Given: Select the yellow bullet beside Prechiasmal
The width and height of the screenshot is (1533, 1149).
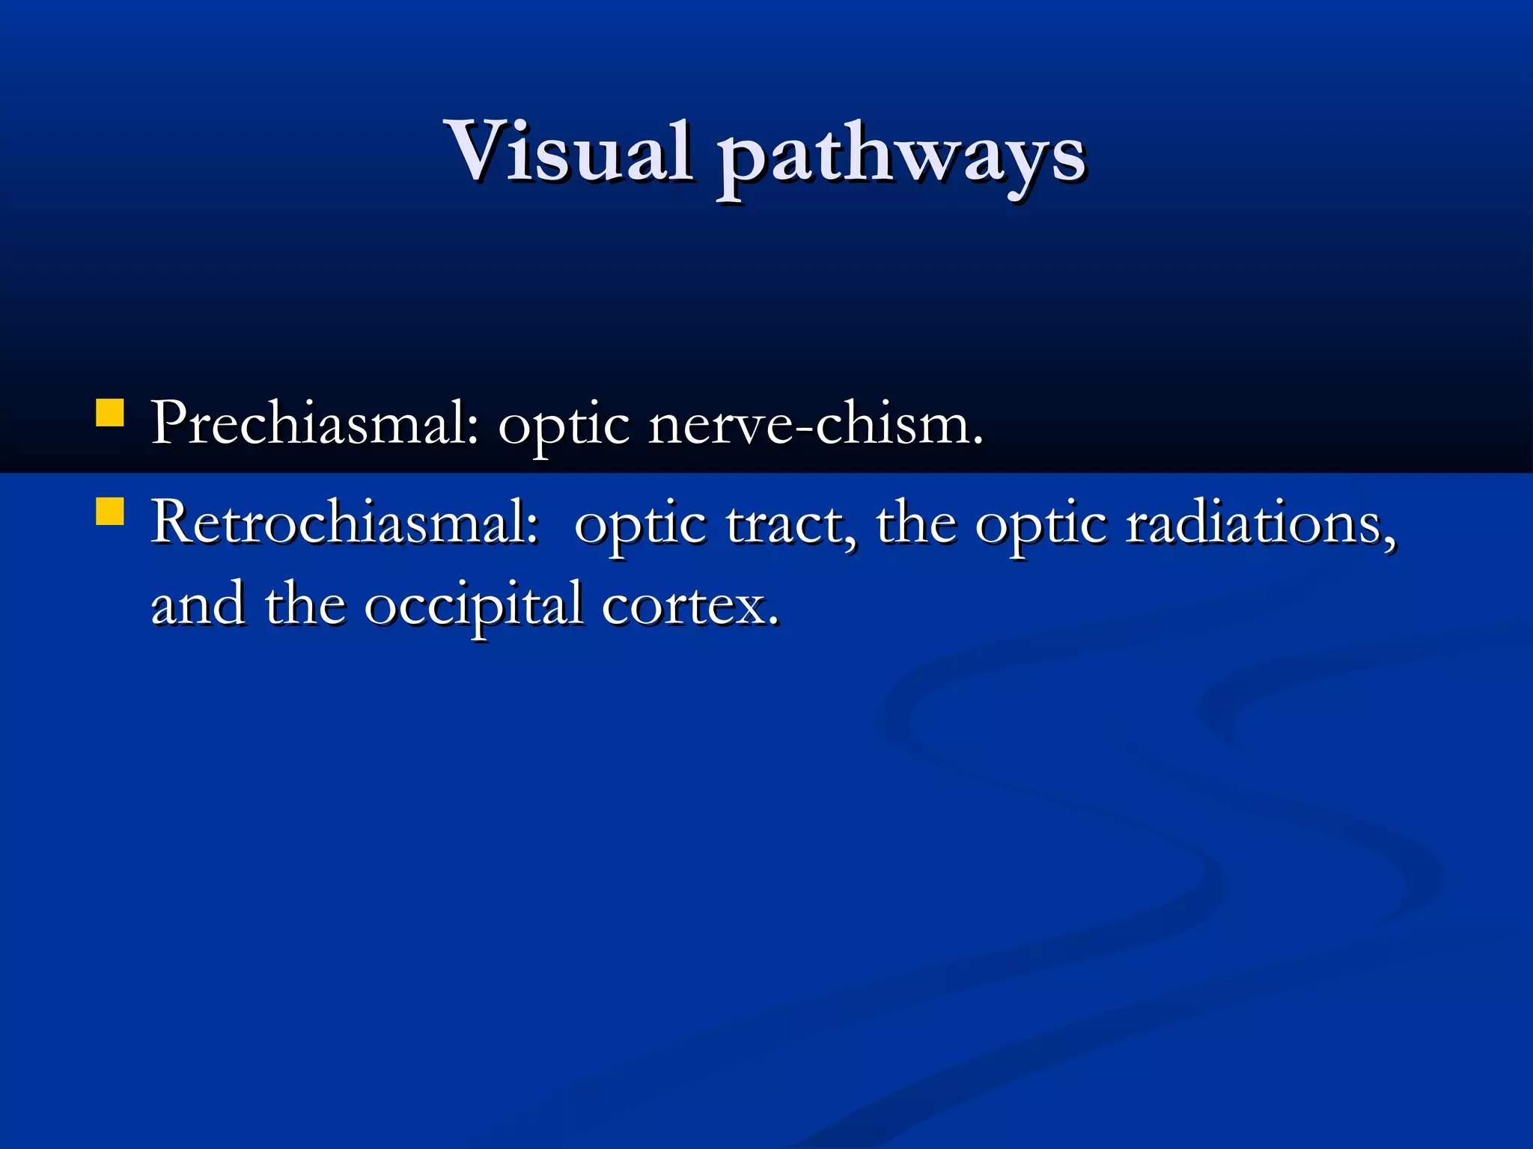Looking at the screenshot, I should click(110, 414).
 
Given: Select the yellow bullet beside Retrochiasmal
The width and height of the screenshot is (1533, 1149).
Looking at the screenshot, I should click(110, 513).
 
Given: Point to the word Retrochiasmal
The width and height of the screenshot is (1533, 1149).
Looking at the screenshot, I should click(344, 523).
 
